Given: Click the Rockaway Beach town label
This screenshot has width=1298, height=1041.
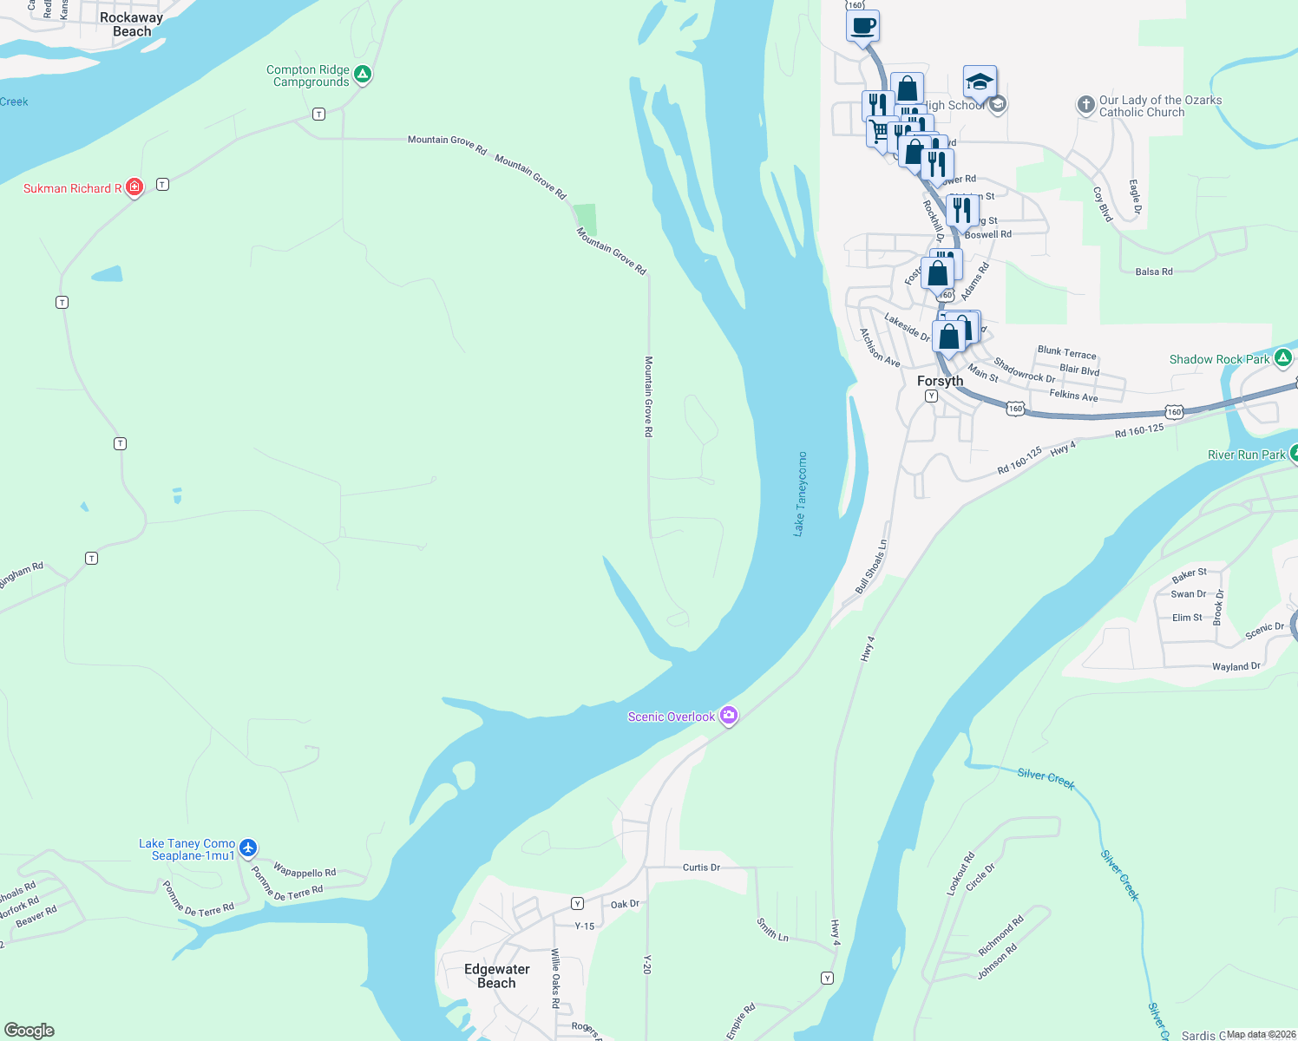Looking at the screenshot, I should tap(131, 24).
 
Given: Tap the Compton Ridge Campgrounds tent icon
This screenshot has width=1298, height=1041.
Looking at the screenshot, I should tap(364, 75).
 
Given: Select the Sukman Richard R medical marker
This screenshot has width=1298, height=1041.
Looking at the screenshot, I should tap(134, 187).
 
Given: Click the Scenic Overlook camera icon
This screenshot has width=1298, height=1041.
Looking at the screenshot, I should tap(730, 716).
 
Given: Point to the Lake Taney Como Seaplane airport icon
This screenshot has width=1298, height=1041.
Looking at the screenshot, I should tap(248, 848).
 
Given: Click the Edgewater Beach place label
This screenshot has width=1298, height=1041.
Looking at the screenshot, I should tap(496, 976).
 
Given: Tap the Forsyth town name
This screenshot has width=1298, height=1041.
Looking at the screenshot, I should tap(940, 381).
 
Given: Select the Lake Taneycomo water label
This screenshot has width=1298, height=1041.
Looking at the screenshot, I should tap(800, 494).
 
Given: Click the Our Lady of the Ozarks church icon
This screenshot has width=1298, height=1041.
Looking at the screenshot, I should tap(1085, 105).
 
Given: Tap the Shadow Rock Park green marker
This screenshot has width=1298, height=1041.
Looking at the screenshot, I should tap(1283, 357).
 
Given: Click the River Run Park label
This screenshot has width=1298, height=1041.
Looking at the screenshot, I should tap(1246, 455).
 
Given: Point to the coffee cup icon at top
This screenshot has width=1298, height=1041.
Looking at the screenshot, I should tap(862, 26).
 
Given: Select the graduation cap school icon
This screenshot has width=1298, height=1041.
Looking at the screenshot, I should tap(979, 82).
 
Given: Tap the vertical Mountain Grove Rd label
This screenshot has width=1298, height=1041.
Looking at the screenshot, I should tap(648, 396).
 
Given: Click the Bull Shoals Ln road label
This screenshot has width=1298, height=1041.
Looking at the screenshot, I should tap(870, 566).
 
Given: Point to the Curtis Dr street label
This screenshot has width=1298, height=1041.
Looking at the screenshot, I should tap(701, 867).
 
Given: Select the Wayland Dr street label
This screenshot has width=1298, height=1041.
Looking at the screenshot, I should tap(1236, 666).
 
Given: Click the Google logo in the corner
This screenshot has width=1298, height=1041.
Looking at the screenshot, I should tap(29, 1031).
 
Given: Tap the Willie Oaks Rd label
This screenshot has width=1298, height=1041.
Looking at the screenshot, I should tap(555, 979).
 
